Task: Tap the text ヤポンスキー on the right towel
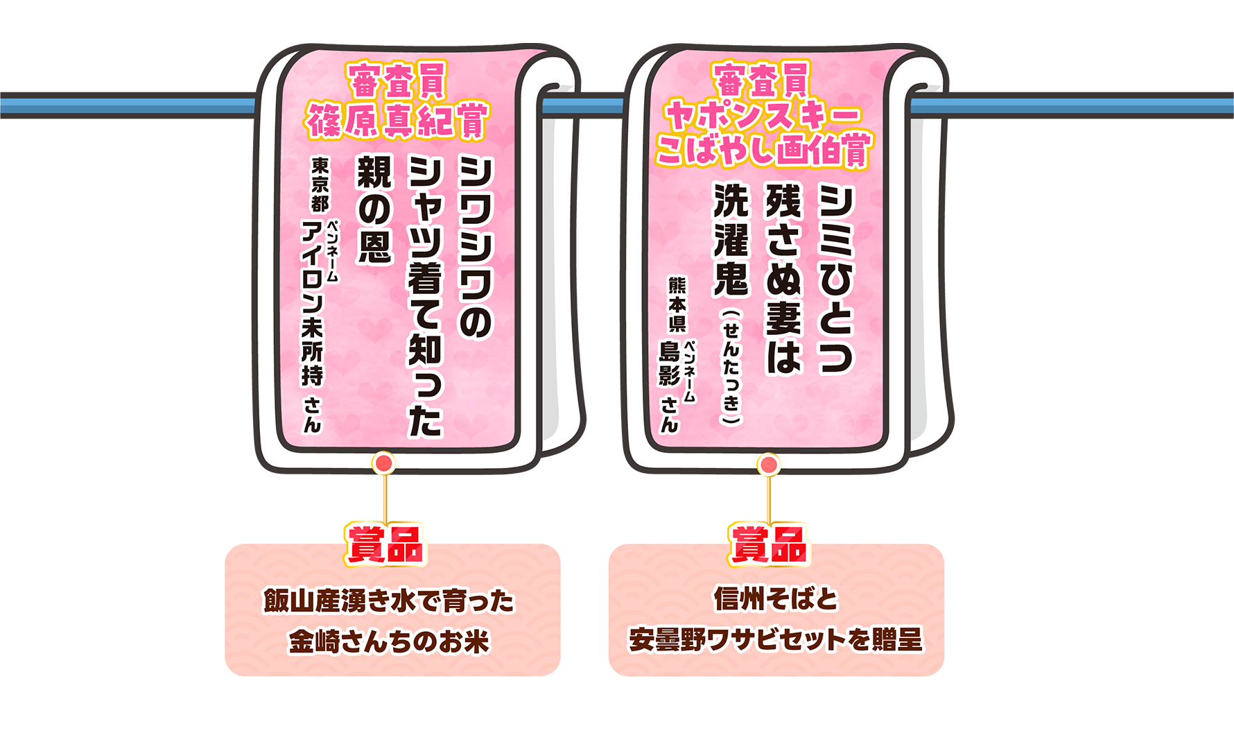pos(763,115)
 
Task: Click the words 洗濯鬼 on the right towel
pos(731,240)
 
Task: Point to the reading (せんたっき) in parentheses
pos(731,368)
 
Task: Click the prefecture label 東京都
pos(320,184)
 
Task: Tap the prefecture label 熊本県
pos(677,304)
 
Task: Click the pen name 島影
pos(670,363)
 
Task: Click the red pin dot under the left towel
pos(384,463)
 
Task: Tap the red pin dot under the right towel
pos(768,465)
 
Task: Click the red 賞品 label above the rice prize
pos(385,544)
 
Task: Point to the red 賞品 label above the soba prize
pos(769,544)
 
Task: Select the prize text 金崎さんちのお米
pos(388,641)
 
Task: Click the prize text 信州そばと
pos(776,598)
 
